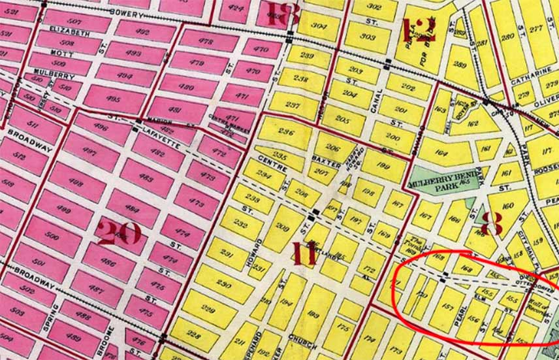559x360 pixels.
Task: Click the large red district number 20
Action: click(x=119, y=233)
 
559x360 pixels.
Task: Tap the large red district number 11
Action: click(x=304, y=252)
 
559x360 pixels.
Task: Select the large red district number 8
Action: click(x=491, y=223)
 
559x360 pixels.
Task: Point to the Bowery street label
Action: click(x=125, y=12)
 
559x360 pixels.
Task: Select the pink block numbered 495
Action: click(x=112, y=99)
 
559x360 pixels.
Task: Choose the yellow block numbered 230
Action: click(x=223, y=284)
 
